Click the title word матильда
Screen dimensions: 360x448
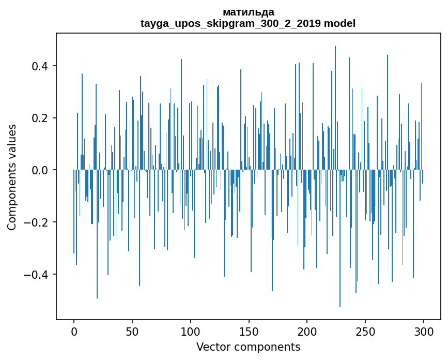pyautogui.click(x=248, y=12)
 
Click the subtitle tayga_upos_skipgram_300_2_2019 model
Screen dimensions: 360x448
pyautogui.click(x=248, y=23)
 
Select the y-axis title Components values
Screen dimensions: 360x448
pyautogui.click(x=12, y=177)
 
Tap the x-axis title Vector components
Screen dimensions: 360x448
pyautogui.click(x=248, y=347)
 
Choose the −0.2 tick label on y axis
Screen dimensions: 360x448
pyautogui.click(x=37, y=222)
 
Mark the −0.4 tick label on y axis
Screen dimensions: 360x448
pyautogui.click(x=37, y=274)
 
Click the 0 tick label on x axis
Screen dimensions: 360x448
pyautogui.click(x=74, y=331)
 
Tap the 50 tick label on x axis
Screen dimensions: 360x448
pyautogui.click(x=132, y=331)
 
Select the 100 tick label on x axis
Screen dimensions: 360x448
pyautogui.click(x=191, y=331)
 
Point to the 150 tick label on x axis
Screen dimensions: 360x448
pyautogui.click(x=249, y=331)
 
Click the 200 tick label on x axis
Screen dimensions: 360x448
pyautogui.click(x=307, y=331)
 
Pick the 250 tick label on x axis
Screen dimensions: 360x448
pyautogui.click(x=365, y=331)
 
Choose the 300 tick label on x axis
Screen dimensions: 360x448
pyautogui.click(x=424, y=331)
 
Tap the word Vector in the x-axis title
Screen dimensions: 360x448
pyautogui.click(x=212, y=347)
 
